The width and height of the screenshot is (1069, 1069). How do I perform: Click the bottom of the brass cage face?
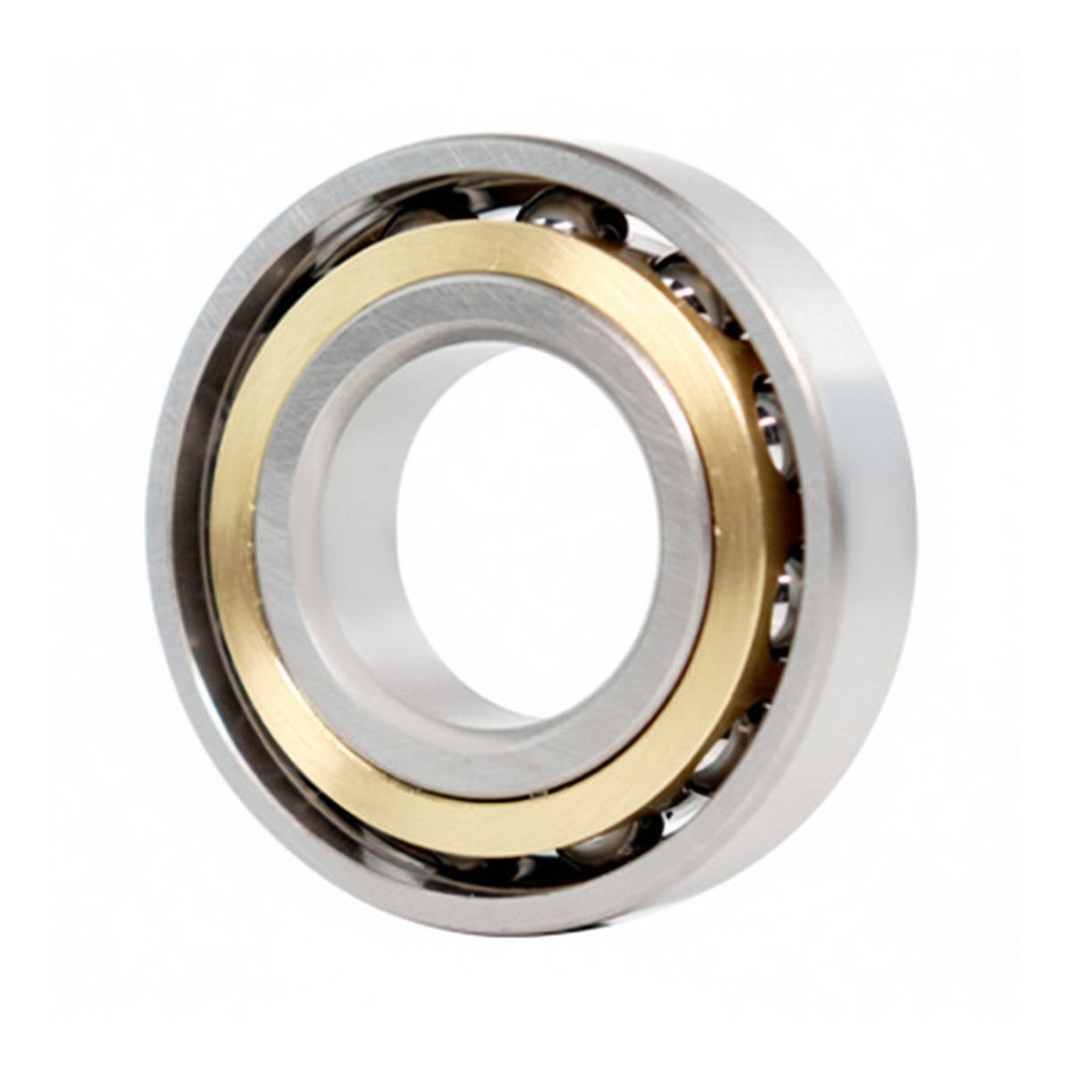pyautogui.click(x=499, y=824)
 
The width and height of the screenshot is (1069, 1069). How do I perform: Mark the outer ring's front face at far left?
pyautogui.click(x=165, y=534)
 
